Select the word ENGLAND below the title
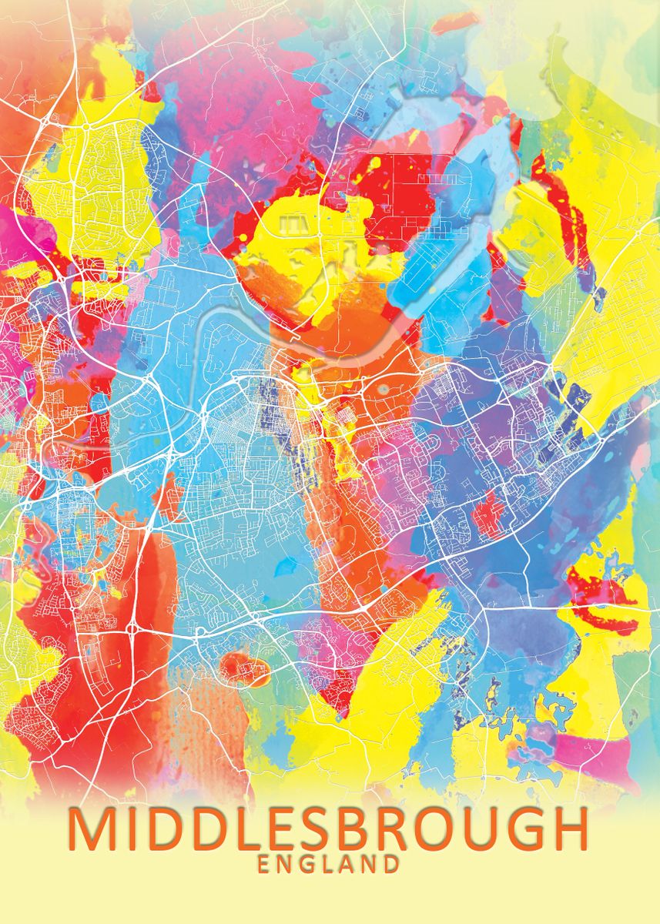pyautogui.click(x=329, y=864)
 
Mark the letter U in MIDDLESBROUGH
pyautogui.click(x=484, y=829)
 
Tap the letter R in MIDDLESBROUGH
pyautogui.click(x=404, y=829)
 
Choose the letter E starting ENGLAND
pyautogui.click(x=264, y=864)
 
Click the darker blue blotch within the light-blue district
pyautogui.click(x=285, y=568)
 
